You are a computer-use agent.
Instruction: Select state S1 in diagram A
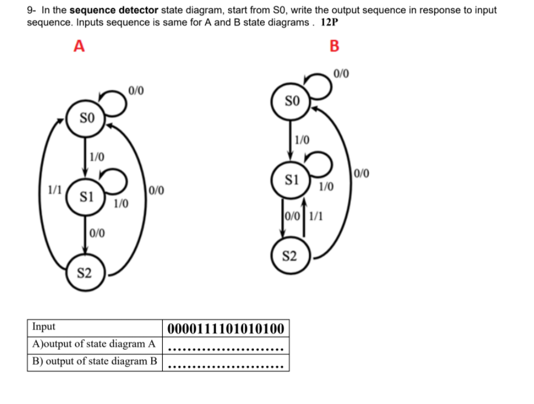[x=86, y=196]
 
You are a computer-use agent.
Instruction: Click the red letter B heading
[x=334, y=46]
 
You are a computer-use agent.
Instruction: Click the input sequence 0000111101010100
[x=225, y=329]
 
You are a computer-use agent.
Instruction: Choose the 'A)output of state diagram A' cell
[x=94, y=344]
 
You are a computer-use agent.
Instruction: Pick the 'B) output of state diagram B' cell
[x=94, y=362]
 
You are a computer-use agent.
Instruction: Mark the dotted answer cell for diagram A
[x=225, y=347]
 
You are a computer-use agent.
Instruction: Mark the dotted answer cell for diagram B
[x=225, y=364]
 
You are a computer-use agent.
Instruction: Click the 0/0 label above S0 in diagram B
[x=341, y=75]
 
